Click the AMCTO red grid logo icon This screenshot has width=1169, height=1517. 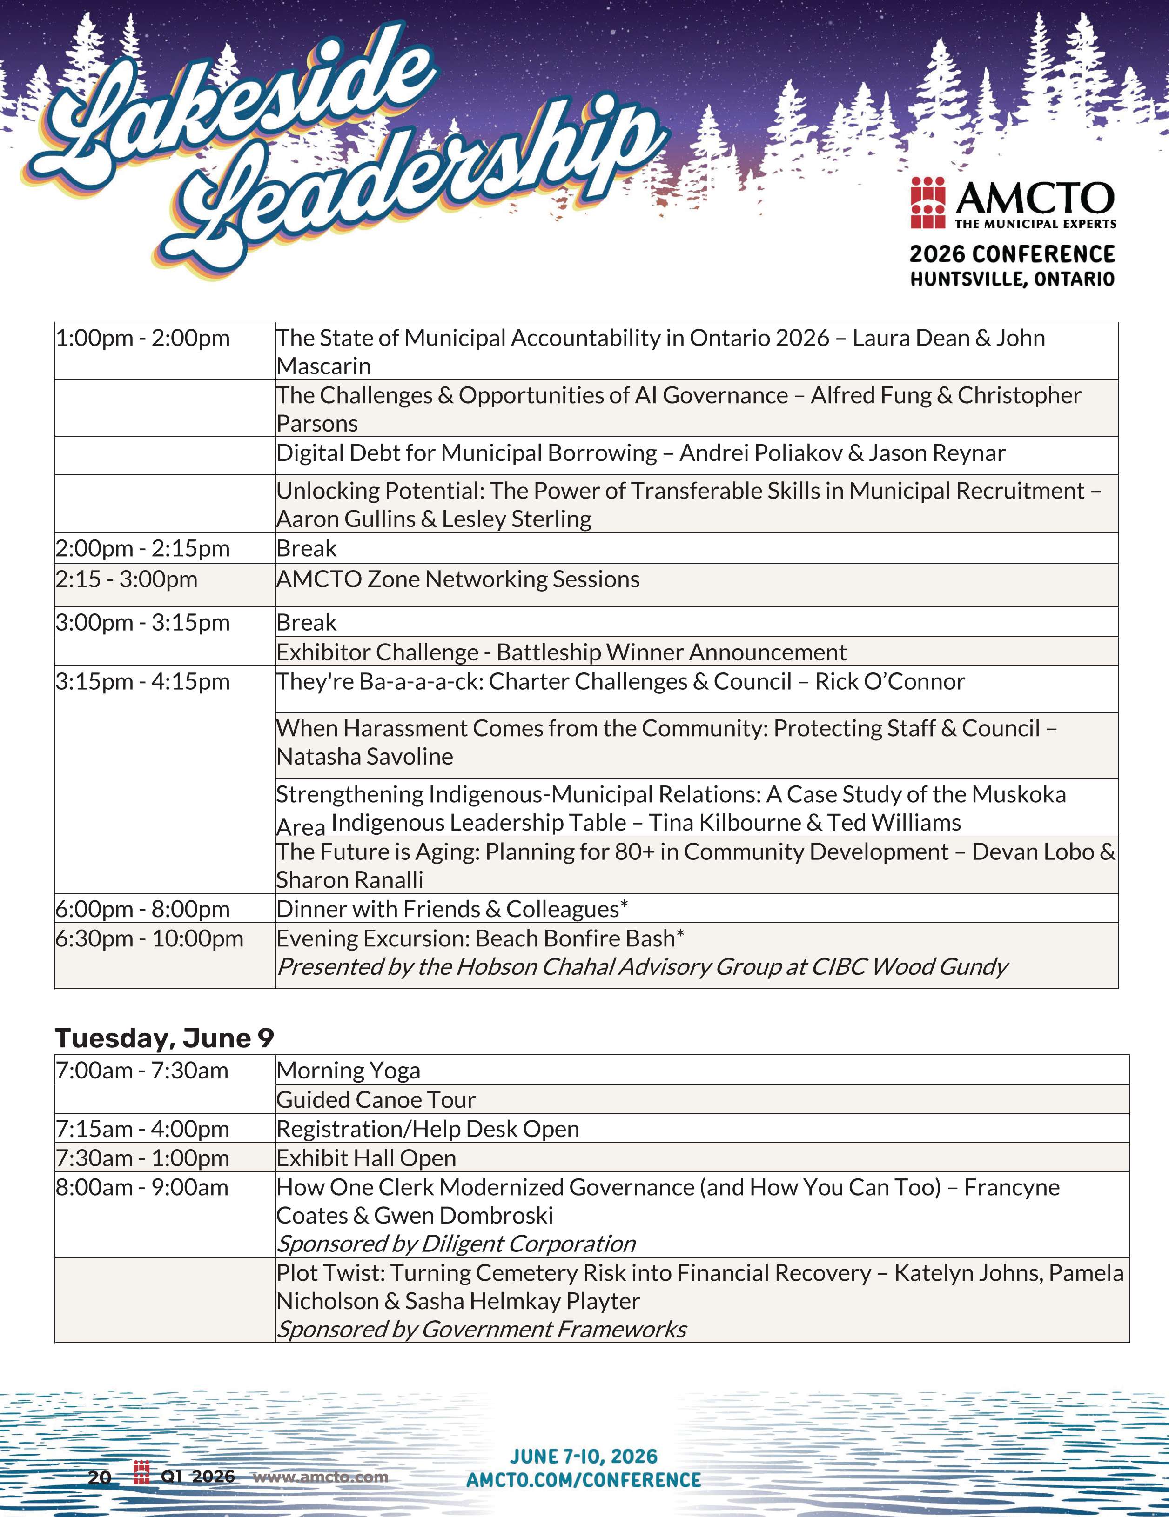[928, 203]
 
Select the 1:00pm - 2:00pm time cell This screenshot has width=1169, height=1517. [142, 338]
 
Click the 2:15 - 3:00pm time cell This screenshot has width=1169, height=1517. [127, 579]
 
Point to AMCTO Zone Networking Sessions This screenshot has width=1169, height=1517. [457, 579]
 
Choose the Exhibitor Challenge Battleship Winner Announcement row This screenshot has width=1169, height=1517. [561, 652]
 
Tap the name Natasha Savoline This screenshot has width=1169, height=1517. [364, 757]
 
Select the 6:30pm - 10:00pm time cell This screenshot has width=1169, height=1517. [149, 938]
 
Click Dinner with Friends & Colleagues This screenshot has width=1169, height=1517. [452, 909]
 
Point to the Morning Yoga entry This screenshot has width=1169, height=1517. [348, 1071]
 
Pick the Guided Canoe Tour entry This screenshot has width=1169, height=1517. [376, 1099]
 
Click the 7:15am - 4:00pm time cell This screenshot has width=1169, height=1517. [142, 1129]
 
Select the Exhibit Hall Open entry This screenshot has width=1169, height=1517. [366, 1158]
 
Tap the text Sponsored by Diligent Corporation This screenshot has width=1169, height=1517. [456, 1244]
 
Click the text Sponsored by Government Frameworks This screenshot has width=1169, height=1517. [481, 1329]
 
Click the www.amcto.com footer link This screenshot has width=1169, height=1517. [320, 1477]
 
